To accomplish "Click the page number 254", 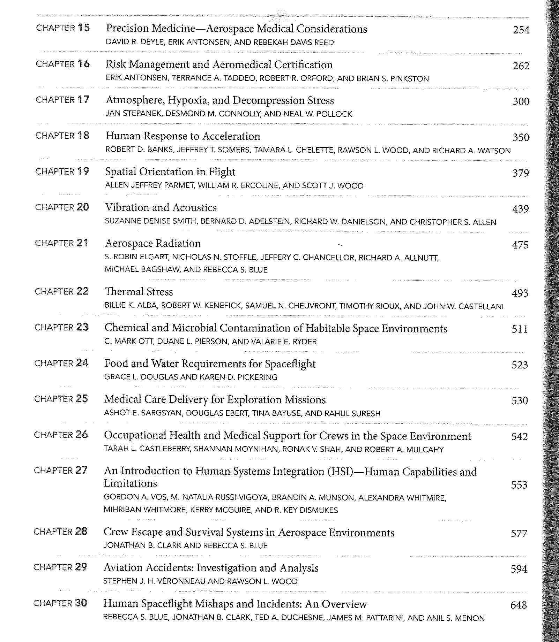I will tap(521, 30).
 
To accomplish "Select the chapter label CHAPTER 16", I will tap(63, 64).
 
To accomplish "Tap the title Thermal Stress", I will tap(139, 292).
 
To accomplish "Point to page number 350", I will tap(521, 137).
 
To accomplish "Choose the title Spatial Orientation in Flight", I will tap(170, 172).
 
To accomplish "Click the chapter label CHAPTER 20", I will tap(62, 207).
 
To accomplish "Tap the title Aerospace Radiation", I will tap(153, 243).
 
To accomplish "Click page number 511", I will tap(520, 329).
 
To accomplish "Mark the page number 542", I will tap(519, 437).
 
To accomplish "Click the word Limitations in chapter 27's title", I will tap(130, 483).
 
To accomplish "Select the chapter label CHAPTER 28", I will tap(60, 532).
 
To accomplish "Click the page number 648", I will tap(519, 605).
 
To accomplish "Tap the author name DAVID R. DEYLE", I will tap(135, 43).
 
